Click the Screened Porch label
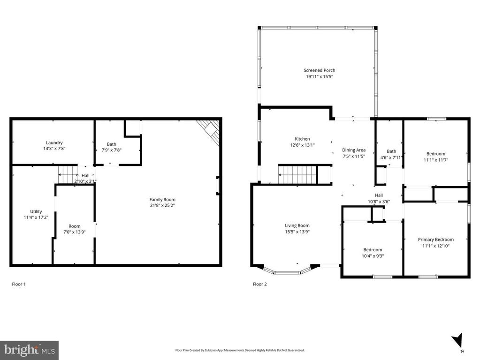[x=319, y=70]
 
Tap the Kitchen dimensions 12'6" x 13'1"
[x=302, y=145]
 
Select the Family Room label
[x=162, y=200]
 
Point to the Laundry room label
[x=54, y=143]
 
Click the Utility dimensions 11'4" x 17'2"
[x=36, y=217]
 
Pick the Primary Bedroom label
[x=436, y=240]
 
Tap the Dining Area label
[x=354, y=150]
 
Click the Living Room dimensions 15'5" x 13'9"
[x=297, y=232]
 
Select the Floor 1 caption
[x=19, y=284]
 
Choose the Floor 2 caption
[x=259, y=284]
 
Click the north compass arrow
[x=457, y=340]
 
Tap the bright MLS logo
[x=29, y=350]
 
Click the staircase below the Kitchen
[x=297, y=174]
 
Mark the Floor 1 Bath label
[x=111, y=144]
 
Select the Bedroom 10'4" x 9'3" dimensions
[x=373, y=256]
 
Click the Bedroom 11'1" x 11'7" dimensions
[x=435, y=160]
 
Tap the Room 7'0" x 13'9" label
[x=75, y=226]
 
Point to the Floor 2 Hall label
[x=379, y=195]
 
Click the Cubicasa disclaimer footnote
[x=240, y=350]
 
